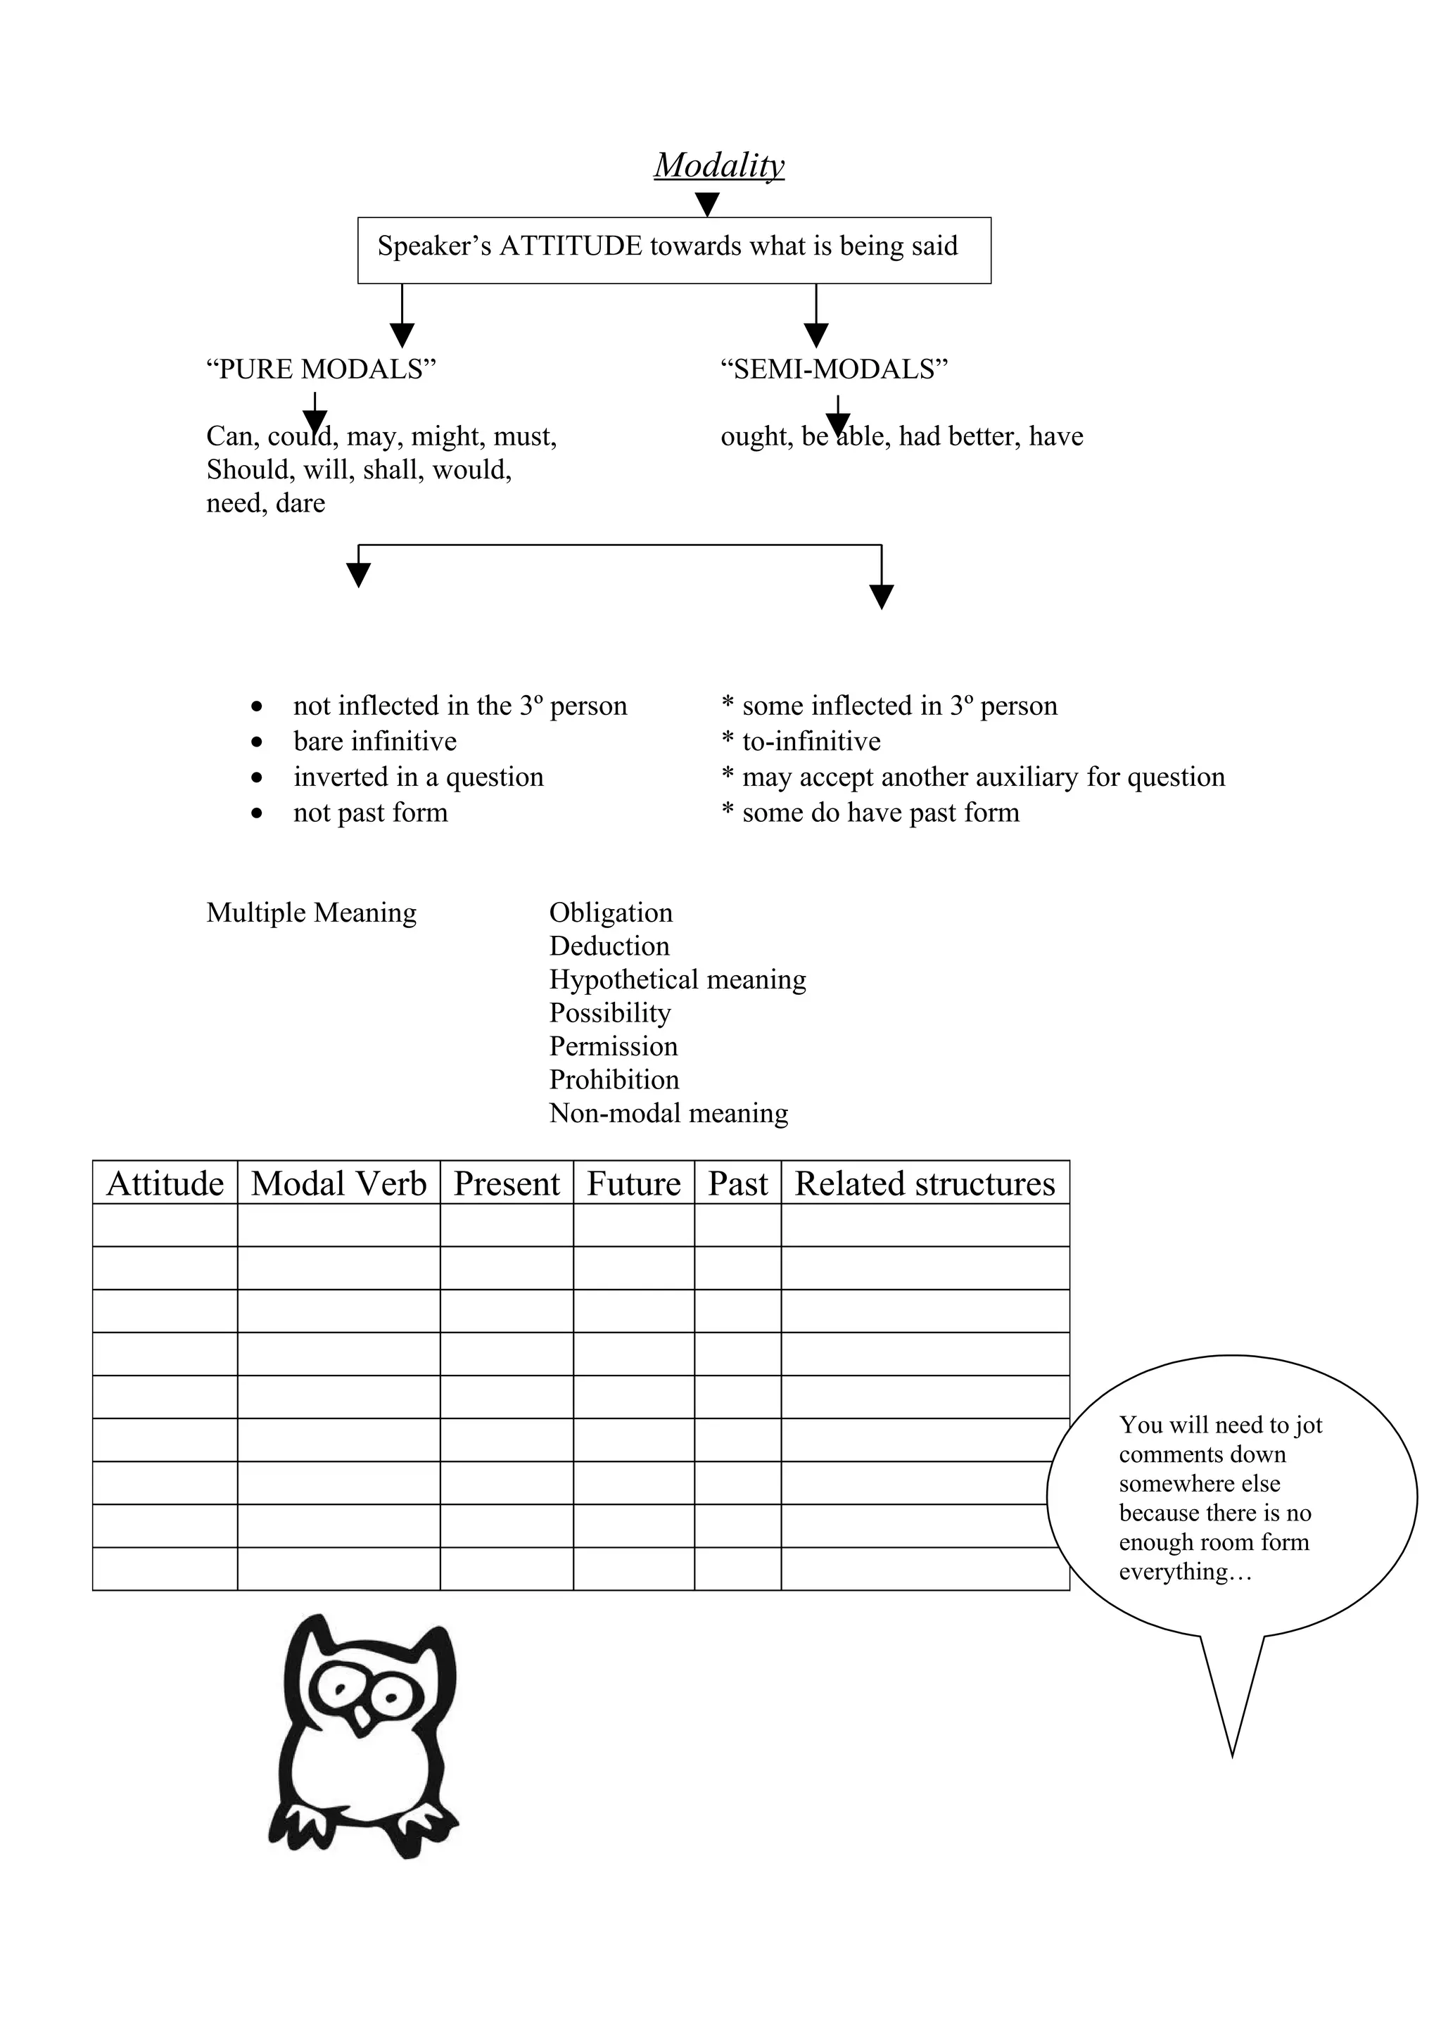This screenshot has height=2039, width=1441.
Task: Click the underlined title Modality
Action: (x=719, y=165)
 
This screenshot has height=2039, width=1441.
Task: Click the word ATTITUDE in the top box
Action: (x=570, y=246)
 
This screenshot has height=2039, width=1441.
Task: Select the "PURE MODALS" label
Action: (x=321, y=369)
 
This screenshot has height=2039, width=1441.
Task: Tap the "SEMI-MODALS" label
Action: (x=834, y=369)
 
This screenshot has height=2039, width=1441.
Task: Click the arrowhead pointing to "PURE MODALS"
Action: (x=402, y=335)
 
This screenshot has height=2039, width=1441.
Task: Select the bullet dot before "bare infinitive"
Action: (x=257, y=742)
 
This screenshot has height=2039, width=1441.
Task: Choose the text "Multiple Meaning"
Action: (x=311, y=913)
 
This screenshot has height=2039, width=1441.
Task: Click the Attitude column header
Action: (x=165, y=1184)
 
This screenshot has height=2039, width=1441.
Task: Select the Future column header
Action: (x=633, y=1184)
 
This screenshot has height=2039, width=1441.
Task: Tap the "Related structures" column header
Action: (x=925, y=1184)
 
